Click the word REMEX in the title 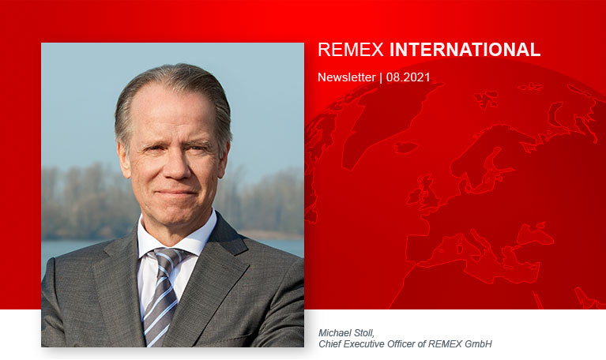pos(351,50)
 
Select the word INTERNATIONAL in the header pos(465,50)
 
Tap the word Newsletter pos(347,77)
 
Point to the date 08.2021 pos(408,77)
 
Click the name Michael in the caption pos(335,333)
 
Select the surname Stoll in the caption pos(364,333)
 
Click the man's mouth pos(175,193)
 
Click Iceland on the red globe pos(405,147)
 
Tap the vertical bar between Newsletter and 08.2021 pos(381,77)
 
